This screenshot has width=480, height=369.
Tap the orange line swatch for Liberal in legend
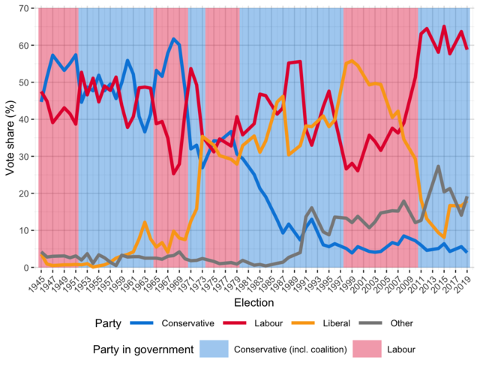(313, 324)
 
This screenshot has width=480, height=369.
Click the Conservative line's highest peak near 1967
(174, 39)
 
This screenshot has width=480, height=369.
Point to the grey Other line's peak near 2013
(438, 166)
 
